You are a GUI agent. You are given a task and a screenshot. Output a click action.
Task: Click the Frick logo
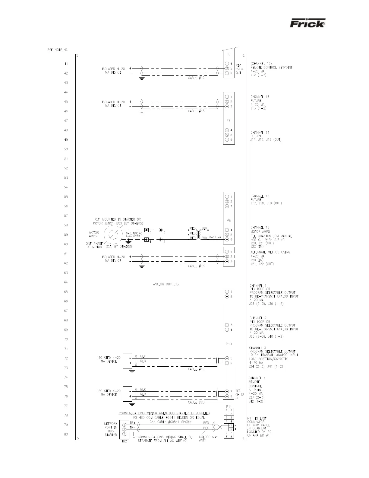pos(307,24)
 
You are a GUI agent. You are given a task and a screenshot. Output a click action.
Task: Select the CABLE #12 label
pos(196,78)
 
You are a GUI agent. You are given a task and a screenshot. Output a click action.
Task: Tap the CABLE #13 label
pos(196,111)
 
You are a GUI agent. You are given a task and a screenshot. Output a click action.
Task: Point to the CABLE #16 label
pos(196,266)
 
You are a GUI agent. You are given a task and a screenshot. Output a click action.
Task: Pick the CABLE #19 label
pos(196,369)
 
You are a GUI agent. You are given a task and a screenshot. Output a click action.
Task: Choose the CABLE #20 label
pos(196,402)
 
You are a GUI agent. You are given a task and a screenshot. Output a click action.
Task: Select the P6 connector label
pos(228,54)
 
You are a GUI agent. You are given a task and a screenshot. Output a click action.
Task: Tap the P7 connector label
pos(228,121)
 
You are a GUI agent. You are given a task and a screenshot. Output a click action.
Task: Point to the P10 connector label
pos(229,344)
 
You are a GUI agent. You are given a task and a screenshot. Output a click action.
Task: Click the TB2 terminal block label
pos(123,443)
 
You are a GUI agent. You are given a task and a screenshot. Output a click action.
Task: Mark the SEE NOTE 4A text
pos(57,50)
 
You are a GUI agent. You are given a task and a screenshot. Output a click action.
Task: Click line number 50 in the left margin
pos(66,149)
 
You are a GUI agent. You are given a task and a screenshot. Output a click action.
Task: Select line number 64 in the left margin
pos(66,282)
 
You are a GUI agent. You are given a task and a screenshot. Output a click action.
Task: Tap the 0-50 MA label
pos(215,237)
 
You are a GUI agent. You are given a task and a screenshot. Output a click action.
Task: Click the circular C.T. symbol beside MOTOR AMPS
pos(112,234)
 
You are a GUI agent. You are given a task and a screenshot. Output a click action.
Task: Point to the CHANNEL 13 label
pos(260,97)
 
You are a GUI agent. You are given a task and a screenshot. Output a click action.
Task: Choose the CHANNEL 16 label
pos(260,228)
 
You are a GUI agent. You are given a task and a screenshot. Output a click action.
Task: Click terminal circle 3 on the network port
pos(124,435)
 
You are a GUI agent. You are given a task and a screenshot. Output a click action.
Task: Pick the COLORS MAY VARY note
pos(208,439)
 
